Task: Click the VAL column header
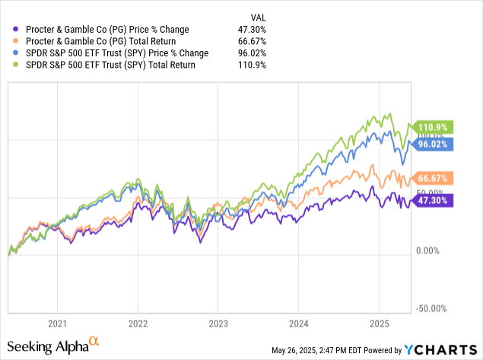point(259,16)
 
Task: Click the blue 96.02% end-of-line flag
point(433,143)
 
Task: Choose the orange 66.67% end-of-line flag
point(433,177)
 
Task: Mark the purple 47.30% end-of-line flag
point(433,201)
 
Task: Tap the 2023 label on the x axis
point(218,322)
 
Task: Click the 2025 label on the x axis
point(378,322)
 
